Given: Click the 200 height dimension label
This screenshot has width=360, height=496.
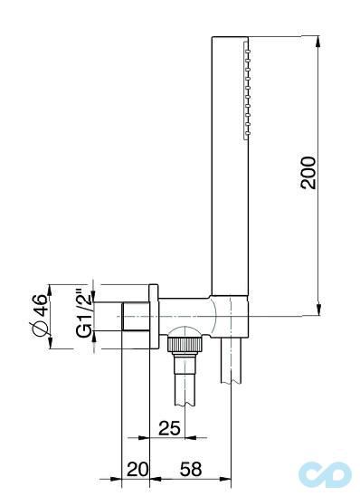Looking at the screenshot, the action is point(308,172).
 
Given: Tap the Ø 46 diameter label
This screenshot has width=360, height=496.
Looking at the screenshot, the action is point(41,316).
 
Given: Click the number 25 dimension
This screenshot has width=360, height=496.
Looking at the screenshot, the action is point(170,429).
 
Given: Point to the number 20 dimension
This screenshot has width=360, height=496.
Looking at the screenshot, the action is point(137,469).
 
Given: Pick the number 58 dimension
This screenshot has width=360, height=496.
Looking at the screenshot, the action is point(191,469).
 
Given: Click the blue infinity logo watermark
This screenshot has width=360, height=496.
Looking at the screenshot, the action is point(325,474).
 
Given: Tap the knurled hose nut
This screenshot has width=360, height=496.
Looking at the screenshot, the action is point(185,345).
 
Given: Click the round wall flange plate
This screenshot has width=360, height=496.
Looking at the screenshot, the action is point(153,316).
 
